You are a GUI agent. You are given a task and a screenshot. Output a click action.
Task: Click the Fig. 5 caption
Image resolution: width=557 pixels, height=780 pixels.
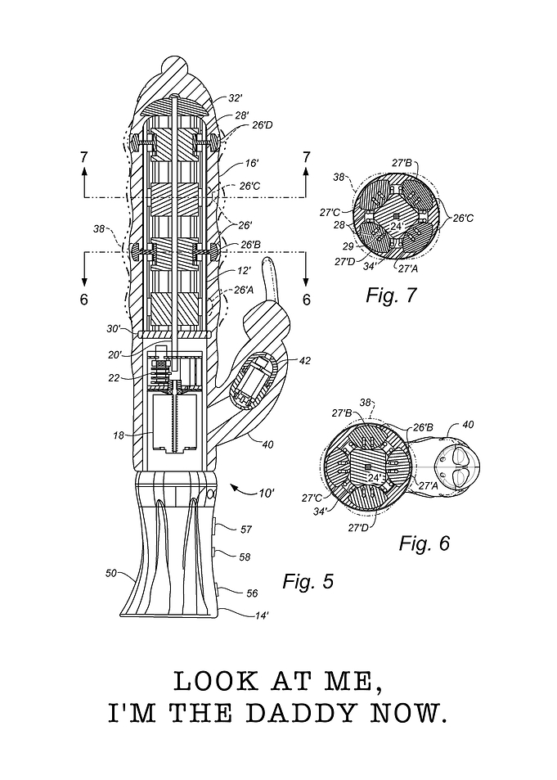[x=308, y=580]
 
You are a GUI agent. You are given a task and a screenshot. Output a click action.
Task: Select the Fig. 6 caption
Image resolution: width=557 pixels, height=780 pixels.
[x=424, y=543]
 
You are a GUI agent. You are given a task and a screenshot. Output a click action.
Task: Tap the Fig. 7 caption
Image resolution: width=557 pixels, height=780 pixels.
[x=391, y=295]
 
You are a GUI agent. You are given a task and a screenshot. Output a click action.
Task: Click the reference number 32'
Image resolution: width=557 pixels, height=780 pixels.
[x=236, y=98]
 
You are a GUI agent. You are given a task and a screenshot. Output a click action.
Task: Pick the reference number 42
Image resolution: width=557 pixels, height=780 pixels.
[x=304, y=360]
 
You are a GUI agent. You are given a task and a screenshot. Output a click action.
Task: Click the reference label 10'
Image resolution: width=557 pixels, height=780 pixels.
[x=267, y=493]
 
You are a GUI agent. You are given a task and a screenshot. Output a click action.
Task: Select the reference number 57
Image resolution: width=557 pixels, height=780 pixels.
[x=246, y=530]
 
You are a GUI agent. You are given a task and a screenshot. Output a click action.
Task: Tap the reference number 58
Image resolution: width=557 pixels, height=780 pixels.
[x=245, y=557]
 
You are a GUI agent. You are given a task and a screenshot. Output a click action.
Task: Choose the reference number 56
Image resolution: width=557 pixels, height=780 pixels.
[x=252, y=593]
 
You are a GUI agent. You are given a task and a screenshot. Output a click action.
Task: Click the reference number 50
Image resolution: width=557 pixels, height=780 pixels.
[x=111, y=573]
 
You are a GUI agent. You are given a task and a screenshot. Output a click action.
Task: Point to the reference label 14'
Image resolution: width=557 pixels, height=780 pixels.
[x=262, y=615]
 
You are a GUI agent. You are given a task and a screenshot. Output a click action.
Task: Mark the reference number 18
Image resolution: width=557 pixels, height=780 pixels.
[x=119, y=435]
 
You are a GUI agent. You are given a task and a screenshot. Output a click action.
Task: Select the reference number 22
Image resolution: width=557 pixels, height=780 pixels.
[x=114, y=378]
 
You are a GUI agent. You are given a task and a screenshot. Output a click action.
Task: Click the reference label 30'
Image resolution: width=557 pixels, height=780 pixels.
[x=113, y=329]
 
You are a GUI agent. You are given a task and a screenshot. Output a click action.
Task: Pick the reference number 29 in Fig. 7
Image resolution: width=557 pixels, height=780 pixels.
[x=348, y=246]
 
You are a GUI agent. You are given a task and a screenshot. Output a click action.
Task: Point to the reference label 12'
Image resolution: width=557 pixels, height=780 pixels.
[x=243, y=272]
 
